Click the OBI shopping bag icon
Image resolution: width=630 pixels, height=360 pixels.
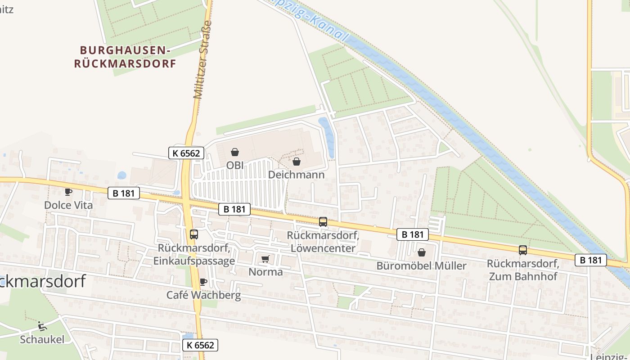point(234,152)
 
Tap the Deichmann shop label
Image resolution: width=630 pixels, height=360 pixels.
point(296,175)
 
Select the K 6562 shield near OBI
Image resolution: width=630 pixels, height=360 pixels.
point(186,153)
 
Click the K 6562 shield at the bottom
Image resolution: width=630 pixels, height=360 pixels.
point(201,345)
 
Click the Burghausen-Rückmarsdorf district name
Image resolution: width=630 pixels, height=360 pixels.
point(125,57)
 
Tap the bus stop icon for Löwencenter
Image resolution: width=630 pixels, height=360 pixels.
point(323,221)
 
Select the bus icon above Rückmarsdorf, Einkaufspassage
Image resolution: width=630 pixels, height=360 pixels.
point(194,234)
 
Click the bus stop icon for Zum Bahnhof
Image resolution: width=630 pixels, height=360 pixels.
point(522,250)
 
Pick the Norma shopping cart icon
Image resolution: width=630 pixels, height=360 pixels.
point(265,259)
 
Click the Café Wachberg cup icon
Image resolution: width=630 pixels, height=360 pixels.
point(203,282)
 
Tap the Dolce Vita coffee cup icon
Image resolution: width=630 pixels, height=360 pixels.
point(68,192)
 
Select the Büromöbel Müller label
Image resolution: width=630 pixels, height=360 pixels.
point(421,265)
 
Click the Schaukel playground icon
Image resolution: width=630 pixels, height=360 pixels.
point(42,326)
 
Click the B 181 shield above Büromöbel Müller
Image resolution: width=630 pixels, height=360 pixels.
point(413,234)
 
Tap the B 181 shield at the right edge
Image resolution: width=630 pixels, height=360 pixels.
point(591,260)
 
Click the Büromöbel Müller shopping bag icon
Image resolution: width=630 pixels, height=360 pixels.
point(422,252)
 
